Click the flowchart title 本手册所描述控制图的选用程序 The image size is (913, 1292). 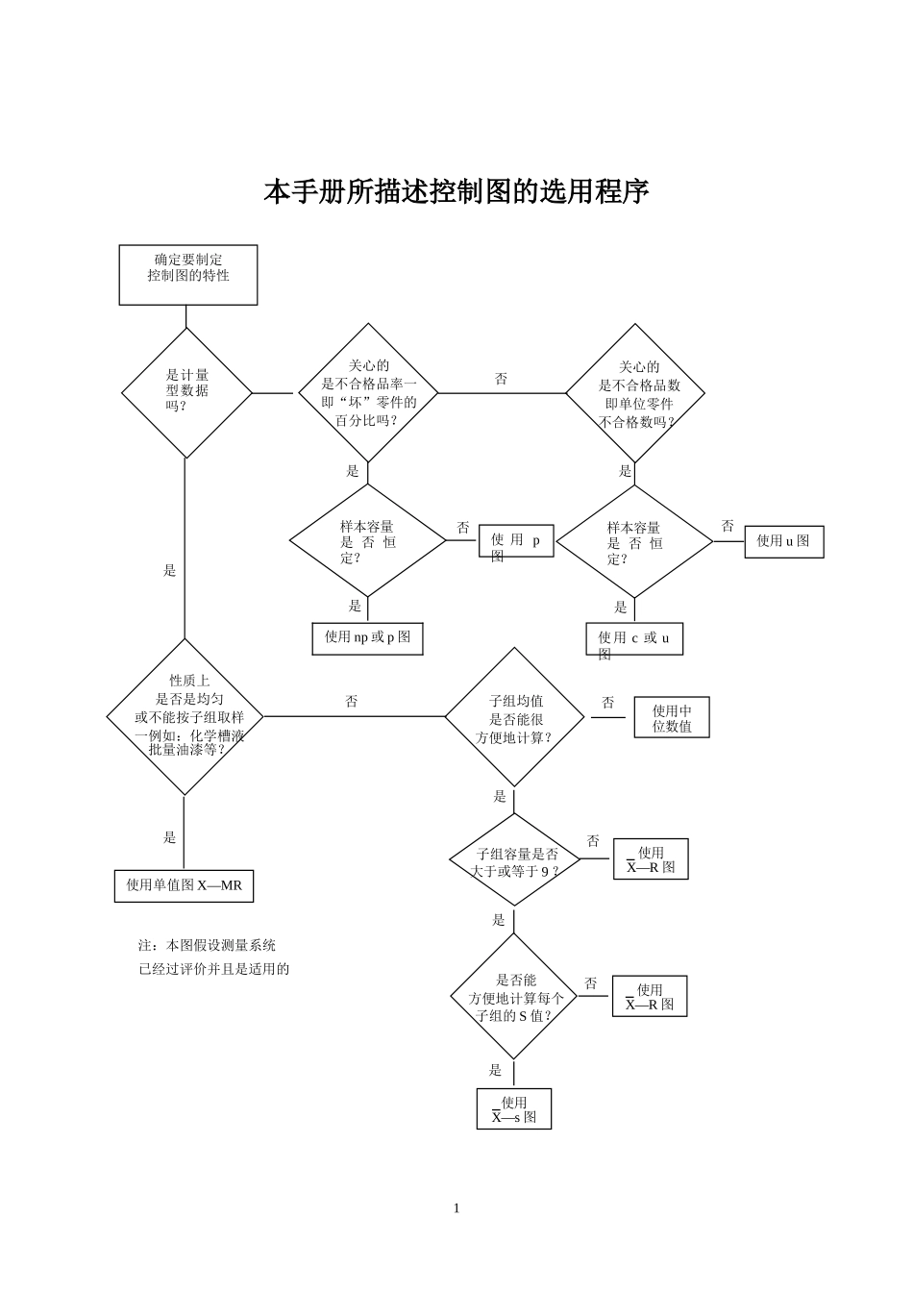[456, 192]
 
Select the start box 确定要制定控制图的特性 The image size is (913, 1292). [188, 275]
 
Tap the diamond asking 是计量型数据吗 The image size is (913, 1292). [186, 392]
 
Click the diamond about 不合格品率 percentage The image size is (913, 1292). [368, 393]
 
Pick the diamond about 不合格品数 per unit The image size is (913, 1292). [635, 393]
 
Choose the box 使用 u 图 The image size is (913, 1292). [783, 541]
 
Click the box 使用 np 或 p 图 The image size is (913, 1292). [367, 637]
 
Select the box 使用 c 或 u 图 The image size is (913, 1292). [634, 639]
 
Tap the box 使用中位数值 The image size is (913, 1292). [672, 718]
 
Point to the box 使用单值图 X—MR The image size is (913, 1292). [185, 885]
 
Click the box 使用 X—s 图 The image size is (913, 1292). [514, 1108]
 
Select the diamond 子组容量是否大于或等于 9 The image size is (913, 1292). [515, 860]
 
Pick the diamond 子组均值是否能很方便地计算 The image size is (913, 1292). [514, 718]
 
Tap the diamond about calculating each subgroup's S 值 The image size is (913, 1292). [515, 997]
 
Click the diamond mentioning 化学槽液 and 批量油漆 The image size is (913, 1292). [185, 717]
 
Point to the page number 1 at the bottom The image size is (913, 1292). [456, 1208]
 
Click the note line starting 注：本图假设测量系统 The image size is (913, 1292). [208, 946]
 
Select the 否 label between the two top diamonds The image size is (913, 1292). [501, 380]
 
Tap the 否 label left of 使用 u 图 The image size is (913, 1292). [728, 527]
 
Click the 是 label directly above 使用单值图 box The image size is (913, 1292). [170, 837]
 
